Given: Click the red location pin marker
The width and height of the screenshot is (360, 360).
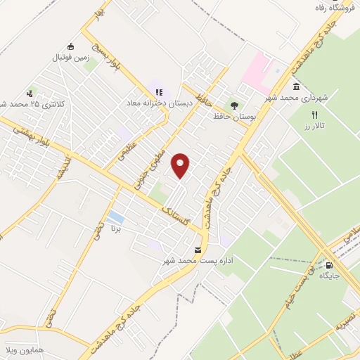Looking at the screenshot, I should (x=181, y=165).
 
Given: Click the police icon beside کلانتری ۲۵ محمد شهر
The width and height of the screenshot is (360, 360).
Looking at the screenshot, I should (x=30, y=93).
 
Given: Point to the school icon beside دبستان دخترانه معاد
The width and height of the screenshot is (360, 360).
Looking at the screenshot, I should (x=158, y=92).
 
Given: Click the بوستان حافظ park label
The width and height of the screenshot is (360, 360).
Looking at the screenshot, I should (x=235, y=115).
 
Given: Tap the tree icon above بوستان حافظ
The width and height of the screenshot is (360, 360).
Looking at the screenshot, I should (x=235, y=105).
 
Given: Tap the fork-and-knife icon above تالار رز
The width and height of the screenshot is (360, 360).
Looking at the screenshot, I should (x=316, y=114).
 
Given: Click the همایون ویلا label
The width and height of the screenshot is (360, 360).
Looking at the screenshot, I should (x=15, y=349).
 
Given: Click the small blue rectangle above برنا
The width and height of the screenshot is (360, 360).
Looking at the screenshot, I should (x=116, y=217).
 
